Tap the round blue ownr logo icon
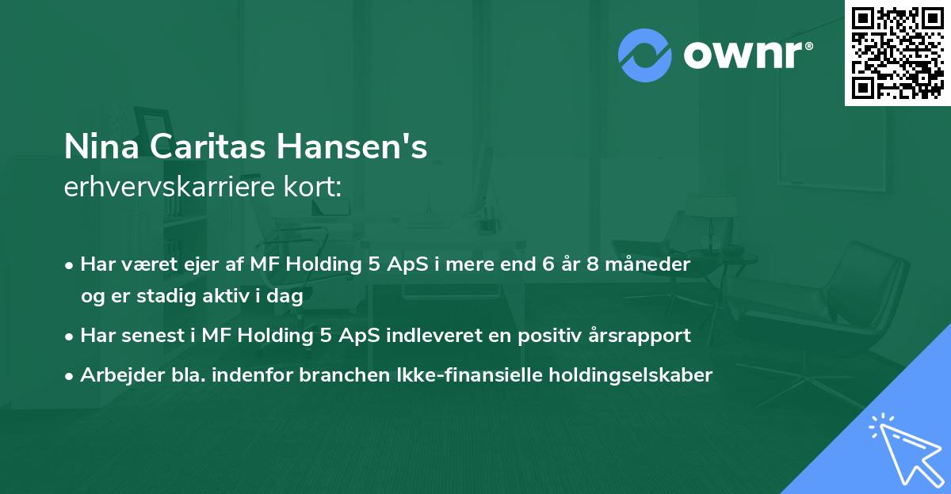[x=645, y=55]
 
